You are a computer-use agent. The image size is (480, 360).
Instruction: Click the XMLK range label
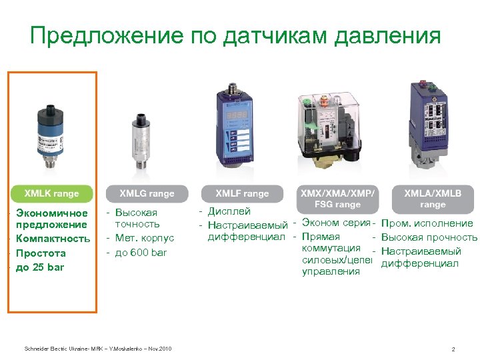[x=51, y=194]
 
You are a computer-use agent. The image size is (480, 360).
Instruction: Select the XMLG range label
[x=147, y=194]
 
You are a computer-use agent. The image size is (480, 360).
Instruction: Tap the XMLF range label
[x=242, y=194]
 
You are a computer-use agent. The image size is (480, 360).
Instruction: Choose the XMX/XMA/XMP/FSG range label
[x=338, y=198]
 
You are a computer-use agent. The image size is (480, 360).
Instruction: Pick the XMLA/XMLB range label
[x=433, y=198]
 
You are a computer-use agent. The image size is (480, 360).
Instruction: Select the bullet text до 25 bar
[x=41, y=267]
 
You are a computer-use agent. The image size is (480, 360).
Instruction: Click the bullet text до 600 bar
[x=141, y=253]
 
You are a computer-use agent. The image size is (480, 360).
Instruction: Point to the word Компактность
[x=53, y=239]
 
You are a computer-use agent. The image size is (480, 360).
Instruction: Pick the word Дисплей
[x=229, y=212]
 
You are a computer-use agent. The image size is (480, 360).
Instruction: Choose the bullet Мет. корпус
[x=144, y=238]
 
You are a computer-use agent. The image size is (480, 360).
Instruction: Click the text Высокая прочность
[x=429, y=237]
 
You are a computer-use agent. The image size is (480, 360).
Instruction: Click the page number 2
[x=453, y=349]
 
